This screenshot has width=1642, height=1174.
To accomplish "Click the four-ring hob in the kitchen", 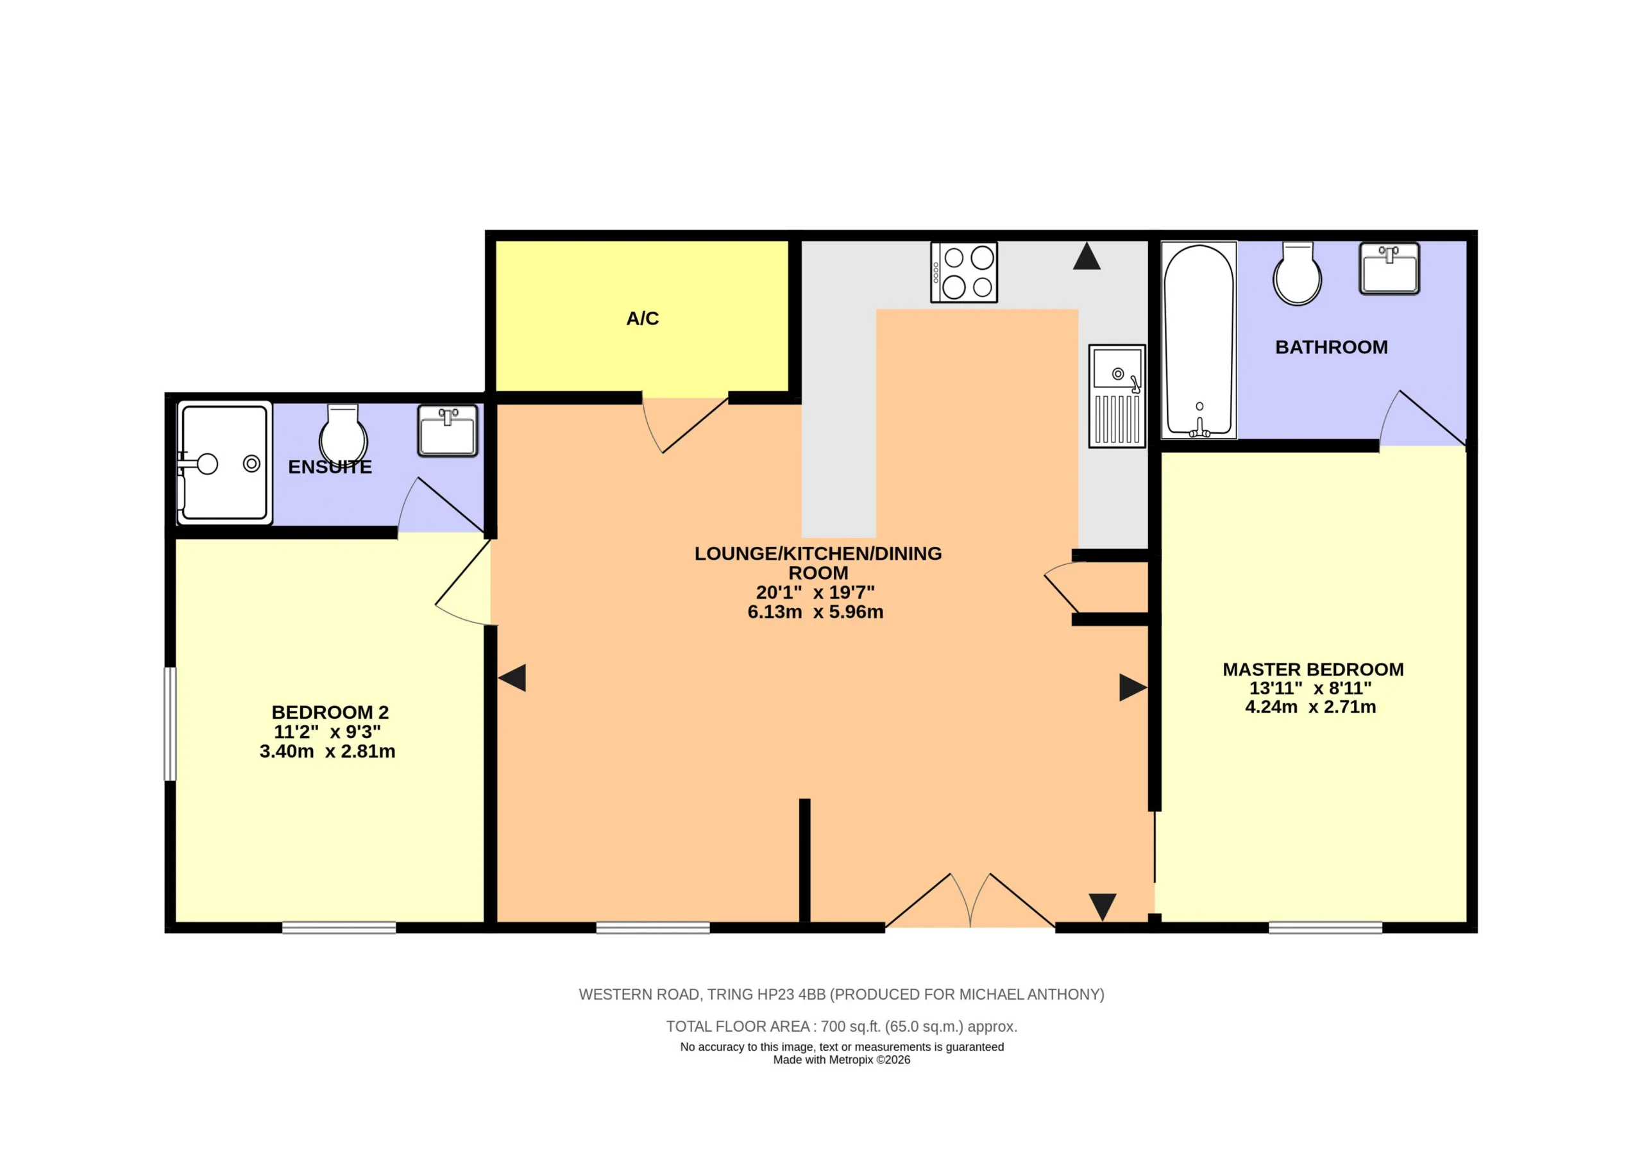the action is (x=964, y=272).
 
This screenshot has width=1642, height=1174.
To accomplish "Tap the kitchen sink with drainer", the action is (x=1117, y=396).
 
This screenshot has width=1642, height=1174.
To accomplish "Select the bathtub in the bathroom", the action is (x=1199, y=340).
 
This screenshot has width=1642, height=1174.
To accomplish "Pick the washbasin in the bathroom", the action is (x=1389, y=268).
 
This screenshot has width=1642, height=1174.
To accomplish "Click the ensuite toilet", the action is (x=343, y=433).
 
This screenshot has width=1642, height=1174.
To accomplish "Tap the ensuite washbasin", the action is (x=448, y=431).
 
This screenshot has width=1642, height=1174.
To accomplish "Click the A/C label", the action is (x=642, y=318).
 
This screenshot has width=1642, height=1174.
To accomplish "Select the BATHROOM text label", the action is (x=1331, y=347).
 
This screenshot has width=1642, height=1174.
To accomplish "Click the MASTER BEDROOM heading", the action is (x=1313, y=669).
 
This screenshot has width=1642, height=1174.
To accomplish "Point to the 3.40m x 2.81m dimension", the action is (x=328, y=751).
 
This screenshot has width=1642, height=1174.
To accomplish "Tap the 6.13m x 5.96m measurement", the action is (x=816, y=612).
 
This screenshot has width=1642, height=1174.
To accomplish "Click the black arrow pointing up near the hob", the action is (x=1086, y=256).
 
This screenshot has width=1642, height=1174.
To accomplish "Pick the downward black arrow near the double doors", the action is (x=1102, y=907).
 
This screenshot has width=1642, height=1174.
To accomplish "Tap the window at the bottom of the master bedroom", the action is (x=1325, y=928).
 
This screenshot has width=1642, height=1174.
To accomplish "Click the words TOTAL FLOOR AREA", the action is (x=738, y=1027).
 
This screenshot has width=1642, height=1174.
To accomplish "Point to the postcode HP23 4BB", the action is (x=791, y=994).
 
